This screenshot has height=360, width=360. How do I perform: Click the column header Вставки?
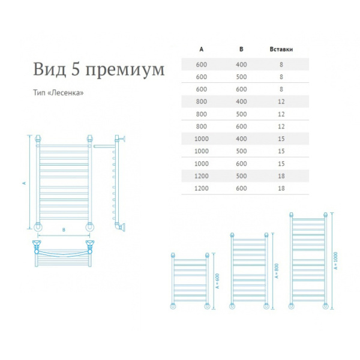(281, 49)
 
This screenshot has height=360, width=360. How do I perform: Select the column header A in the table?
(202, 49)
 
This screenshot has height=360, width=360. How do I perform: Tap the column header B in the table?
(241, 49)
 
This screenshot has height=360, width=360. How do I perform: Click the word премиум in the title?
(125, 70)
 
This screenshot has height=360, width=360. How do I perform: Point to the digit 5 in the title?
(76, 68)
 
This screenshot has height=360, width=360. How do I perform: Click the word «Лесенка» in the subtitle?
(67, 93)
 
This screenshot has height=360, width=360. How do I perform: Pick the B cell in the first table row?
(241, 65)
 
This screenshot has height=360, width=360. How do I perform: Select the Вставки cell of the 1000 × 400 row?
(281, 139)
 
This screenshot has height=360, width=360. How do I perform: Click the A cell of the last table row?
(202, 188)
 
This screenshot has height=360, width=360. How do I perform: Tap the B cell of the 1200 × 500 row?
(241, 176)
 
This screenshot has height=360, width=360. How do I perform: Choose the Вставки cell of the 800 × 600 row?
(281, 127)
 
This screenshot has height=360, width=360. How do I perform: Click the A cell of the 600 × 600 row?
(202, 89)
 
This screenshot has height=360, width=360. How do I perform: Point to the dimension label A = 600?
(217, 281)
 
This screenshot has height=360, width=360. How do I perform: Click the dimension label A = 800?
(276, 271)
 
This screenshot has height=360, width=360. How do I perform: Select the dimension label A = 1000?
(335, 260)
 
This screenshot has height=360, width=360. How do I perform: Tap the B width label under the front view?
(64, 230)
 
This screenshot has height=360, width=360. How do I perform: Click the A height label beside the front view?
(24, 183)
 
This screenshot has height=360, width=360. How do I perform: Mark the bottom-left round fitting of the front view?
(38, 227)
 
